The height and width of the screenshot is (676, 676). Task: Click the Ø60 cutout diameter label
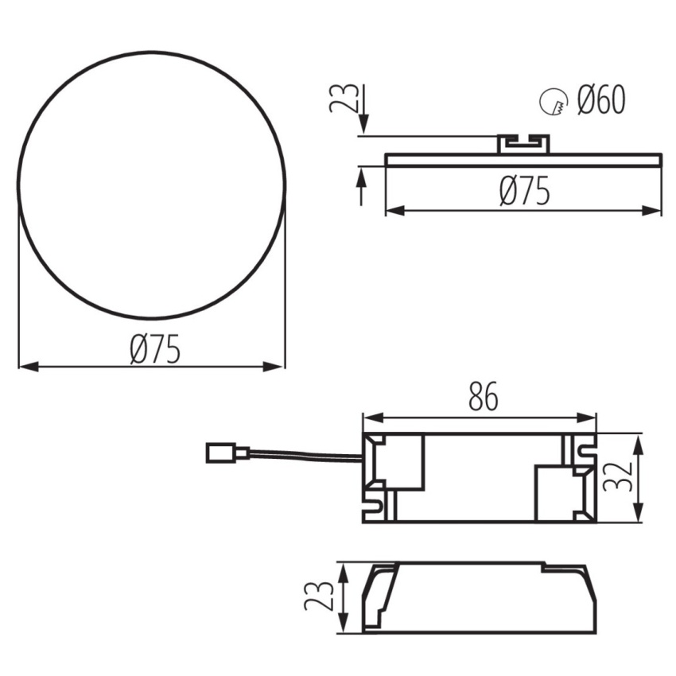[x=601, y=100]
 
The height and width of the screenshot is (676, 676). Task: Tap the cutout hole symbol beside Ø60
[x=553, y=101]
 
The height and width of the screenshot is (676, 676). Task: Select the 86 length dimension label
[x=483, y=396]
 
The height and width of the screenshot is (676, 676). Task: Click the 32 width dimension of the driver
[x=617, y=477]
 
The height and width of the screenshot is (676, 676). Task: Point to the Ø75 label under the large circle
[x=155, y=349]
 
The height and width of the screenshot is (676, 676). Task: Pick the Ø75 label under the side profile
[x=525, y=191]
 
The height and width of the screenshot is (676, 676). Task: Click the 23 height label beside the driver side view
[x=319, y=596]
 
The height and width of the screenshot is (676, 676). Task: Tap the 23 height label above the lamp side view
[x=344, y=98]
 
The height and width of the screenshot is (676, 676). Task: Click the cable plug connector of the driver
[x=227, y=453]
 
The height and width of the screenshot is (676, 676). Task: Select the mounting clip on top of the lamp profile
[x=524, y=144]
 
